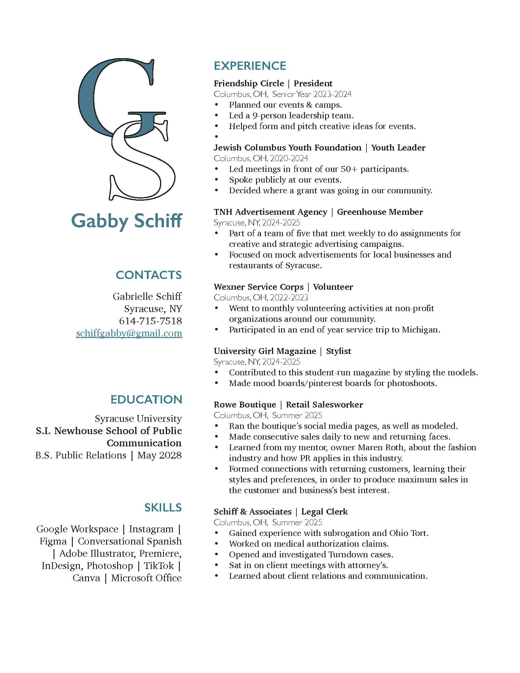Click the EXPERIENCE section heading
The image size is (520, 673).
(250, 66)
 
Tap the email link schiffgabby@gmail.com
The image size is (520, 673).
(129, 333)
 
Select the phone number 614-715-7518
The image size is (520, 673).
(150, 321)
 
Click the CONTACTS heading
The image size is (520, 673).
(148, 275)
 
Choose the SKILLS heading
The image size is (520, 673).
(163, 508)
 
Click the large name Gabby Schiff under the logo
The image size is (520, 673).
(127, 221)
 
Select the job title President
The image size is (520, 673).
(313, 84)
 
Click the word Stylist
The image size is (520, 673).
(338, 351)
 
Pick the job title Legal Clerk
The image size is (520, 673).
(324, 511)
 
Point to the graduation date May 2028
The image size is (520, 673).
(159, 455)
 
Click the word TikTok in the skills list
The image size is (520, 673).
(159, 565)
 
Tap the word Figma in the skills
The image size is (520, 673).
(53, 541)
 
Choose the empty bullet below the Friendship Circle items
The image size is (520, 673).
(217, 136)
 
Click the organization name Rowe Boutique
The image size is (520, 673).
(245, 405)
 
